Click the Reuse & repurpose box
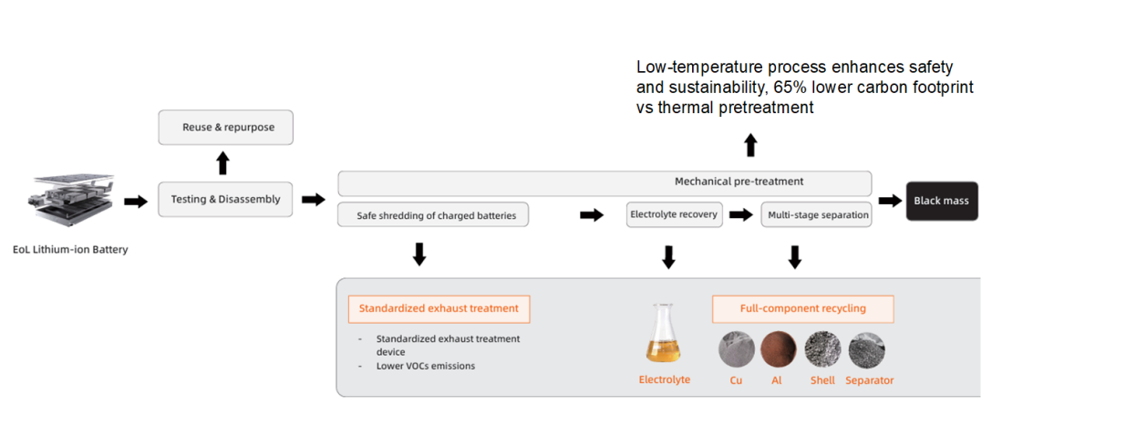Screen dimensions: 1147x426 tap(226, 128)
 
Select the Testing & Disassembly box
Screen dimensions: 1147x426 tap(225, 199)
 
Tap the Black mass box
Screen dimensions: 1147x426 tap(942, 201)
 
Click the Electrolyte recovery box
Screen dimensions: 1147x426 tap(674, 214)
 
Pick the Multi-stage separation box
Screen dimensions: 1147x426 tap(816, 215)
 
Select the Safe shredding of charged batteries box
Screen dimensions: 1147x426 tap(433, 215)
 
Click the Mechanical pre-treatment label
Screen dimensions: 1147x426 tap(739, 182)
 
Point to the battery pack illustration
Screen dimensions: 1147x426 tap(71, 200)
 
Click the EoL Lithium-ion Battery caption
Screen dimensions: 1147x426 tap(70, 249)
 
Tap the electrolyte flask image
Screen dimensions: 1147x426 tap(663, 333)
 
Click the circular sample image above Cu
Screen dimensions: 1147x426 tap(737, 349)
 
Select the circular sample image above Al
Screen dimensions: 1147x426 tap(779, 349)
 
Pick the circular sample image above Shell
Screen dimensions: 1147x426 tap(822, 349)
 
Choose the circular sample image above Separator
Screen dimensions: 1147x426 tap(866, 350)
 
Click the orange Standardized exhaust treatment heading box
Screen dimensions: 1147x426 tap(439, 308)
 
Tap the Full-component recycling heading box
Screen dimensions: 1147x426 tap(803, 308)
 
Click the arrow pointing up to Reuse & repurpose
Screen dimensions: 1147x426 tap(222, 162)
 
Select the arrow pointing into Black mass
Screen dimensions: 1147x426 tap(890, 201)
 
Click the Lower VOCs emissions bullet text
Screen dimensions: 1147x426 tap(426, 366)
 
